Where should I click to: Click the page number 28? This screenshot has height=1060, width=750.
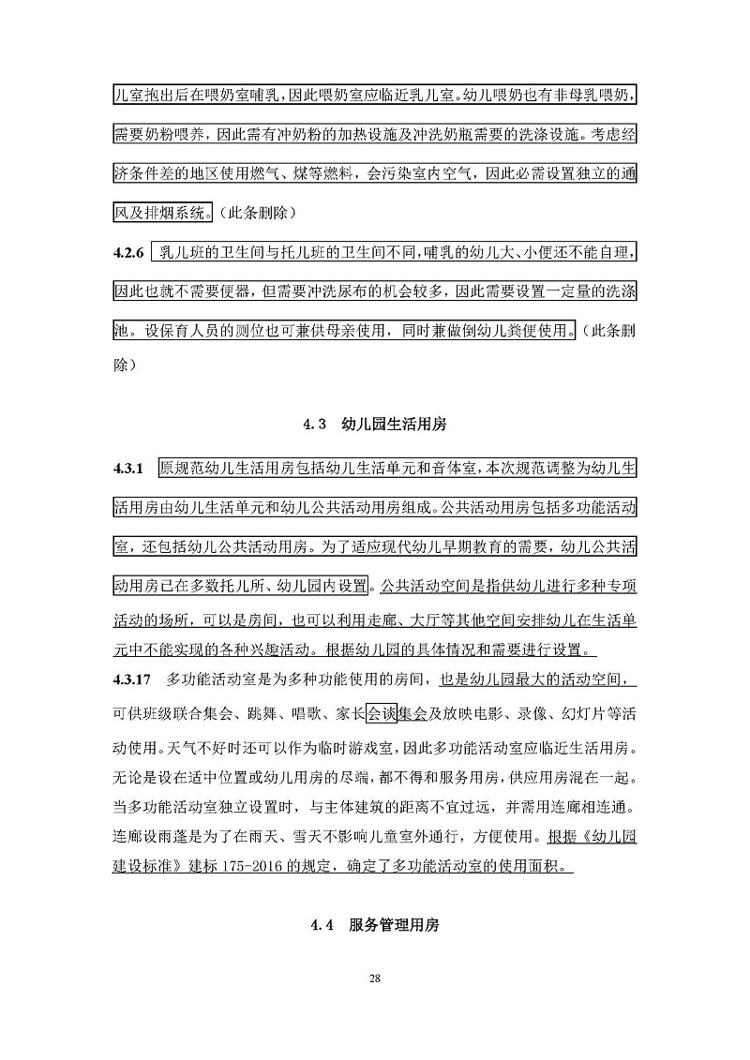(x=375, y=979)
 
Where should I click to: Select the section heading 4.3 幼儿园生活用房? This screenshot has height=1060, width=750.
(x=375, y=425)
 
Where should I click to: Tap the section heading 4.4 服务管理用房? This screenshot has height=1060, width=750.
(x=375, y=925)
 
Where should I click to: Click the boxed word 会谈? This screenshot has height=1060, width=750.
(x=382, y=713)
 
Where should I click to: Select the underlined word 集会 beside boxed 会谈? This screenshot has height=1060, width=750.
(x=412, y=713)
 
